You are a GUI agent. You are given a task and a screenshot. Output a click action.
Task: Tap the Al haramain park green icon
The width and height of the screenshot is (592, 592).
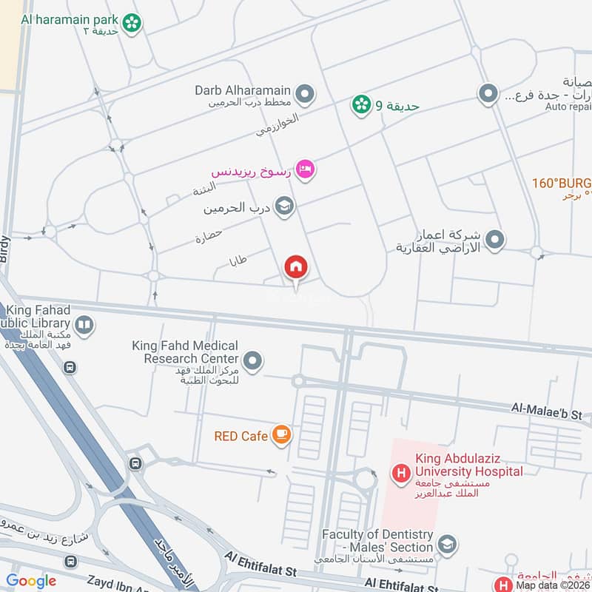click(x=132, y=23)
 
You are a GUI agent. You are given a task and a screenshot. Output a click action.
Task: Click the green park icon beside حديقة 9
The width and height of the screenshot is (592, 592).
click(x=361, y=105)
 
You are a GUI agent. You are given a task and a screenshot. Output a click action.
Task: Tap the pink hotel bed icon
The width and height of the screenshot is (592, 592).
click(x=305, y=170)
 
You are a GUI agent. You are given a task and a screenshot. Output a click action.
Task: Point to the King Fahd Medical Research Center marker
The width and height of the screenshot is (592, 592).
click(x=254, y=361)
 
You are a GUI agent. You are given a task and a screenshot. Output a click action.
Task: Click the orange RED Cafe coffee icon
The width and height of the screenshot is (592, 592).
click(x=280, y=435)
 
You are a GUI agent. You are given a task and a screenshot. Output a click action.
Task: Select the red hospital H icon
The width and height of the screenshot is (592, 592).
click(x=401, y=473)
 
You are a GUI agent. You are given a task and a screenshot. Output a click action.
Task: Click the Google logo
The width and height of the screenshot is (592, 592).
click(x=31, y=581)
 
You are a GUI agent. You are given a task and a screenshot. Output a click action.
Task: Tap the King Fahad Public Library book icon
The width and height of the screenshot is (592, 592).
click(x=85, y=326)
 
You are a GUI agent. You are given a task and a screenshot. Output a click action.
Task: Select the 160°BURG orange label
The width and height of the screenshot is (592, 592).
click(x=562, y=182)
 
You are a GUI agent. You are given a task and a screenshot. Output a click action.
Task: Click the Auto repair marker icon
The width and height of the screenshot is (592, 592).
click(x=488, y=94)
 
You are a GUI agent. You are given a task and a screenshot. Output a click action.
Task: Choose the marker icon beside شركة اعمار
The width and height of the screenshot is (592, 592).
click(x=497, y=240)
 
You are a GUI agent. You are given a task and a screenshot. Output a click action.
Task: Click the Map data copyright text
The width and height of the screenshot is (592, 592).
click(x=552, y=585)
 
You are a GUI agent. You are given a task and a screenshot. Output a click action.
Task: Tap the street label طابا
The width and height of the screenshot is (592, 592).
click(x=238, y=260)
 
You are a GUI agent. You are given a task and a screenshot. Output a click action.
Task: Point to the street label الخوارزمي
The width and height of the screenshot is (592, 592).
click(x=277, y=125)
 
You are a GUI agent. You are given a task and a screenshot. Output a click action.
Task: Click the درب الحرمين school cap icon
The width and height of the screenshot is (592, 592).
click(x=283, y=207)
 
